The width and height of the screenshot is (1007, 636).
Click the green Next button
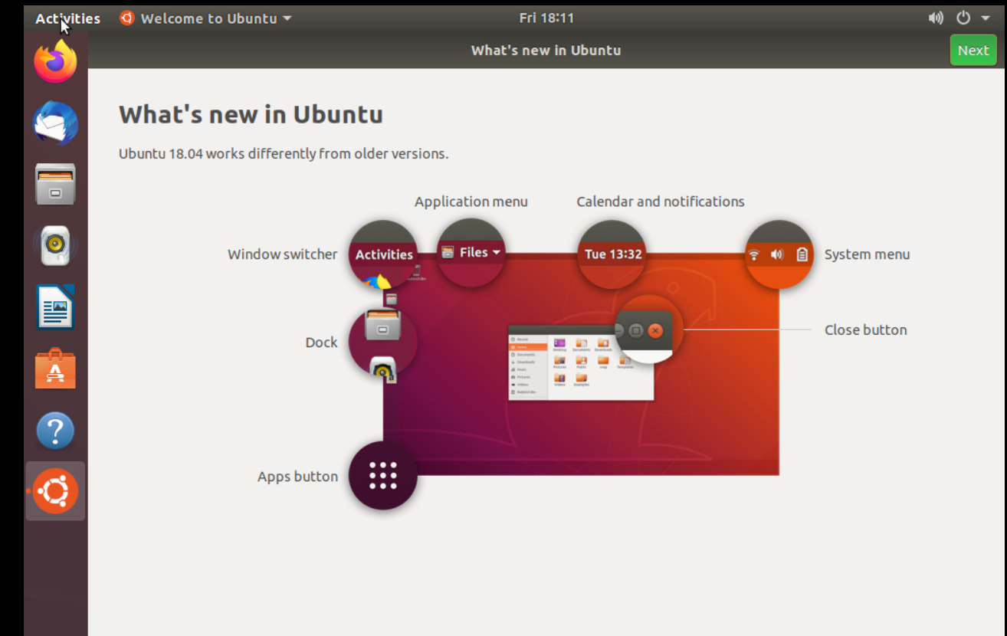[x=973, y=51]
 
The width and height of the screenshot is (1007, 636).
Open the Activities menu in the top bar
[x=67, y=18]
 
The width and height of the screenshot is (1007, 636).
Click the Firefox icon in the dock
[x=55, y=61]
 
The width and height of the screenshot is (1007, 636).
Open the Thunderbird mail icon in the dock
[x=55, y=123]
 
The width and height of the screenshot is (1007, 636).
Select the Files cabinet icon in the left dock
[x=55, y=184]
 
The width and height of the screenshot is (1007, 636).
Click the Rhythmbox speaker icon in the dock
[x=55, y=245]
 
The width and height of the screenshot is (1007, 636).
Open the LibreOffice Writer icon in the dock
[x=55, y=307]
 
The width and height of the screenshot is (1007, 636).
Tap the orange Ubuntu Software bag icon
[x=55, y=369]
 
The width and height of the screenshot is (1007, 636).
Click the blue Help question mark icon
[x=55, y=431]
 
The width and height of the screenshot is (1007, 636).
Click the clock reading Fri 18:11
[x=546, y=18]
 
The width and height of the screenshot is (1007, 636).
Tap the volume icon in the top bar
[x=936, y=18]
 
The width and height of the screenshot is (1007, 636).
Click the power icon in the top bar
[x=963, y=18]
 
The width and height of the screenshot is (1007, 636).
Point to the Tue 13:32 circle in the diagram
[x=612, y=254]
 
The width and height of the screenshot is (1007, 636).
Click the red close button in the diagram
[x=655, y=330]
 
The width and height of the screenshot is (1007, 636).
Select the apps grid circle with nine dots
[x=383, y=476]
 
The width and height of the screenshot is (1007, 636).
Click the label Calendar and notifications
[x=660, y=202]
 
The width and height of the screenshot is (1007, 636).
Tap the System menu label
[x=867, y=254]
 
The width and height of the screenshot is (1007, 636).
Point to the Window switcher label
[x=282, y=254]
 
